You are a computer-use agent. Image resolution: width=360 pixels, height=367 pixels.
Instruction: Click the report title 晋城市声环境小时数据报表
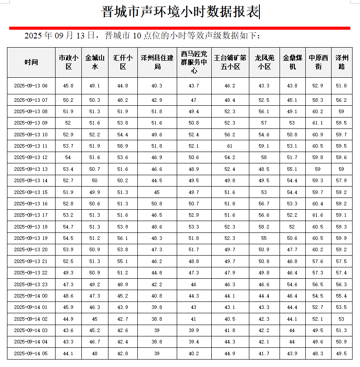pyautogui.click(x=180, y=12)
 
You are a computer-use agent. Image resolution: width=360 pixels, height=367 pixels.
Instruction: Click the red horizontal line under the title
pyautogui.click(x=179, y=28)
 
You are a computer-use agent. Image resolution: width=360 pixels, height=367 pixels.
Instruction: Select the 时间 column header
pyautogui.click(x=31, y=62)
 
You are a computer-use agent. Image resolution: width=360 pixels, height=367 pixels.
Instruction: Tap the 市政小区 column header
pyautogui.click(x=69, y=62)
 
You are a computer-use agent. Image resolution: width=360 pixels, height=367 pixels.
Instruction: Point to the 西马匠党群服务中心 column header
pyautogui.click(x=194, y=62)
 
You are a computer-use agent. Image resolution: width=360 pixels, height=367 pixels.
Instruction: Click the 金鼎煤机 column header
pyautogui.click(x=292, y=62)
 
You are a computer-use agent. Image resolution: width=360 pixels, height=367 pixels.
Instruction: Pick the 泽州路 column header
pyautogui.click(x=342, y=62)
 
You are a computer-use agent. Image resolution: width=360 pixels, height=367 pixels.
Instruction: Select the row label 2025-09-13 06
pyautogui.click(x=31, y=86)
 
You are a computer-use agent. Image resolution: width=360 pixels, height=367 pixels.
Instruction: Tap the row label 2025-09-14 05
pyautogui.click(x=31, y=353)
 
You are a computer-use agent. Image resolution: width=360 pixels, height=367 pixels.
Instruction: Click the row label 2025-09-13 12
pyautogui.click(x=31, y=157)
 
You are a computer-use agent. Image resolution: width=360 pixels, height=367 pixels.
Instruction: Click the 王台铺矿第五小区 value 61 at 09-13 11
pyautogui.click(x=230, y=146)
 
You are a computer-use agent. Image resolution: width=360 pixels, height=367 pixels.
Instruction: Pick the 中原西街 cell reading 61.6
pyautogui.click(x=318, y=215)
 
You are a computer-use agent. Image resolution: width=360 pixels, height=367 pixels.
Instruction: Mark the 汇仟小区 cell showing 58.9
pyautogui.click(x=123, y=146)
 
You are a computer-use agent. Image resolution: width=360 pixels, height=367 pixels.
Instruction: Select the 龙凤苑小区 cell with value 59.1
pyautogui.click(x=264, y=146)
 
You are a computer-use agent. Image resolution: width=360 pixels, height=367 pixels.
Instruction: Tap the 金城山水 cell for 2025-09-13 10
pyautogui.click(x=94, y=135)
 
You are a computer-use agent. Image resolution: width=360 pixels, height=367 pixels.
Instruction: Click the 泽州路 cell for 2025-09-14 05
pyautogui.click(x=342, y=353)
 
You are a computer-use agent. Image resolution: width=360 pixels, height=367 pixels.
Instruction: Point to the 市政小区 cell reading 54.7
pyautogui.click(x=69, y=227)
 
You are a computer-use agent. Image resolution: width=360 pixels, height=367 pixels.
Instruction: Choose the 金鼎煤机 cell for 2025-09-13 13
pyautogui.click(x=292, y=169)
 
